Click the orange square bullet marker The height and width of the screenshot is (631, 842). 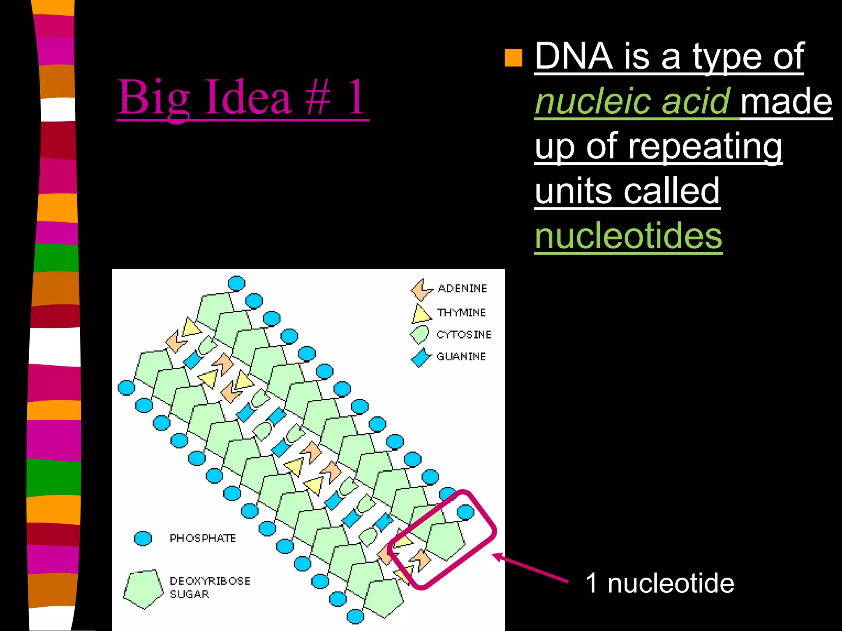tap(513, 58)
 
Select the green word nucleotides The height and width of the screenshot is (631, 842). tap(628, 236)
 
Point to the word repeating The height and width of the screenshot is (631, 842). tap(705, 147)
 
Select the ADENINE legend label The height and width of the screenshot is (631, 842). tap(462, 288)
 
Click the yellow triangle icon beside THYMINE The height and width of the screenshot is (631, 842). tap(421, 314)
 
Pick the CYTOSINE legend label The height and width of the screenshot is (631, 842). tap(464, 335)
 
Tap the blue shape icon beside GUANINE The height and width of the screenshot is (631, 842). tap(421, 357)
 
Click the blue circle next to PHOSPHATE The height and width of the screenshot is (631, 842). tap(143, 538)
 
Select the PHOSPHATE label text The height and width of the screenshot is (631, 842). tap(203, 538)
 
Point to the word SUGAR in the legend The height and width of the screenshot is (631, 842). tap(189, 594)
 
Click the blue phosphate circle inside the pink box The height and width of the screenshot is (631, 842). tap(465, 512)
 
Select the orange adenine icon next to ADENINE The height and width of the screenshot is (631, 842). tap(421, 289)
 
